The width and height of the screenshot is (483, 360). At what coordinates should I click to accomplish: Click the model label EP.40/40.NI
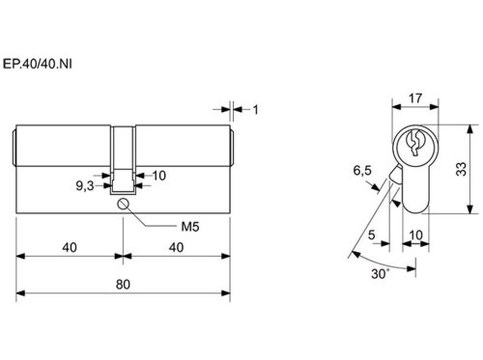[x=38, y=64]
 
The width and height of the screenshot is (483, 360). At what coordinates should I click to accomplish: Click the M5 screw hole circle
[x=123, y=205]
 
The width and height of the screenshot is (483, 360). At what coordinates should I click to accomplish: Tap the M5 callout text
[x=190, y=227]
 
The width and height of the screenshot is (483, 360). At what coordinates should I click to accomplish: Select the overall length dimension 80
[x=123, y=285]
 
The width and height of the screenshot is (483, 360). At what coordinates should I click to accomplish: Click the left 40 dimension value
[x=70, y=247]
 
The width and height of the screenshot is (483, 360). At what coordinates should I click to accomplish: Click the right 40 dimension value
[x=177, y=247]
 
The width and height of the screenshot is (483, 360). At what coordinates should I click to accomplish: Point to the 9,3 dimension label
[x=85, y=185]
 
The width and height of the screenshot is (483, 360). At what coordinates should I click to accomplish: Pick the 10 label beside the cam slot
[x=159, y=176]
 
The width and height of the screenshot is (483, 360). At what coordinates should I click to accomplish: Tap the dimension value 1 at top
[x=256, y=110]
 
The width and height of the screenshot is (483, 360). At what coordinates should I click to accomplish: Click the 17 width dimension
[x=415, y=98]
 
